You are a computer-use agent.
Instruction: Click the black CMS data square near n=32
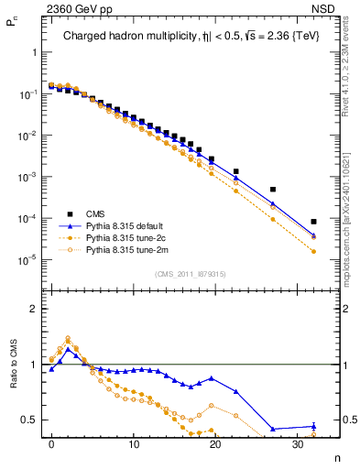314,222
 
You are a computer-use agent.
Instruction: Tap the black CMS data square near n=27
273,190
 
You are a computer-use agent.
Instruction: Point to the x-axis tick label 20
215,443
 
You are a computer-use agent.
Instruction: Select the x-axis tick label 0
51,443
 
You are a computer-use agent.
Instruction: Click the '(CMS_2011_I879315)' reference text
190,274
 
